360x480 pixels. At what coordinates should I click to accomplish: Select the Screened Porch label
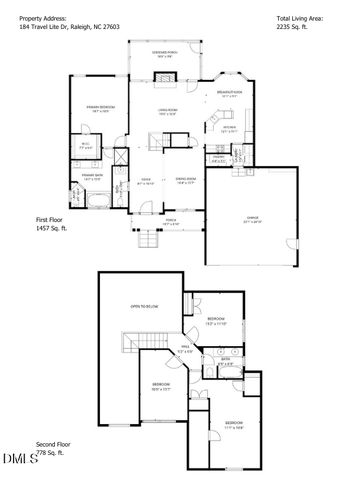(166, 52)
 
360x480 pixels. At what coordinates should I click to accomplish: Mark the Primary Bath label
(93, 178)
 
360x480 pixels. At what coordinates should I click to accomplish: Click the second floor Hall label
(184, 350)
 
